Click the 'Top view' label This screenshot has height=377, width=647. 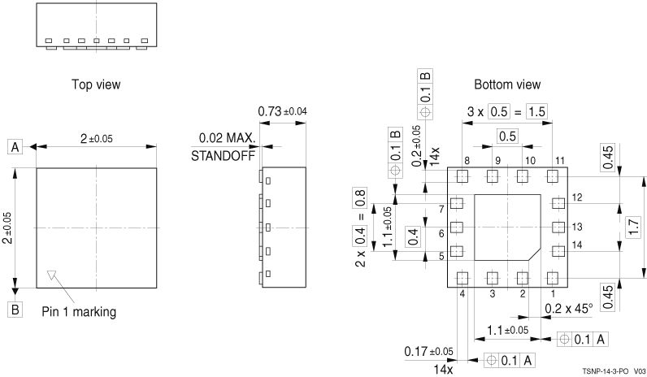point(96,84)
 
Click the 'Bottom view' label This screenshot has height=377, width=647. point(507,84)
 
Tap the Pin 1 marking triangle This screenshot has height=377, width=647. point(53,275)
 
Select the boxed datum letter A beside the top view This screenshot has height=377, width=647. point(15,146)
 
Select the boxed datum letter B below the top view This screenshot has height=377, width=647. point(15,309)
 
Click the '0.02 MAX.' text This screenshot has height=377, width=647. point(228,138)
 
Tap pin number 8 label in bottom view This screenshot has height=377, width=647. point(467,161)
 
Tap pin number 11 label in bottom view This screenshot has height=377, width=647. point(559,161)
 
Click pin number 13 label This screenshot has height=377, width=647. point(579,227)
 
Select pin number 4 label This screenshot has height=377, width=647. point(462,293)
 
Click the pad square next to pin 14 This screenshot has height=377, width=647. point(558,251)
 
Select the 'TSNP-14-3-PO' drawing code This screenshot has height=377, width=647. point(603,370)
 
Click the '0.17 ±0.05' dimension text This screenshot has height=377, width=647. point(430,352)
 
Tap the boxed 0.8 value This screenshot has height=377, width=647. point(360,197)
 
